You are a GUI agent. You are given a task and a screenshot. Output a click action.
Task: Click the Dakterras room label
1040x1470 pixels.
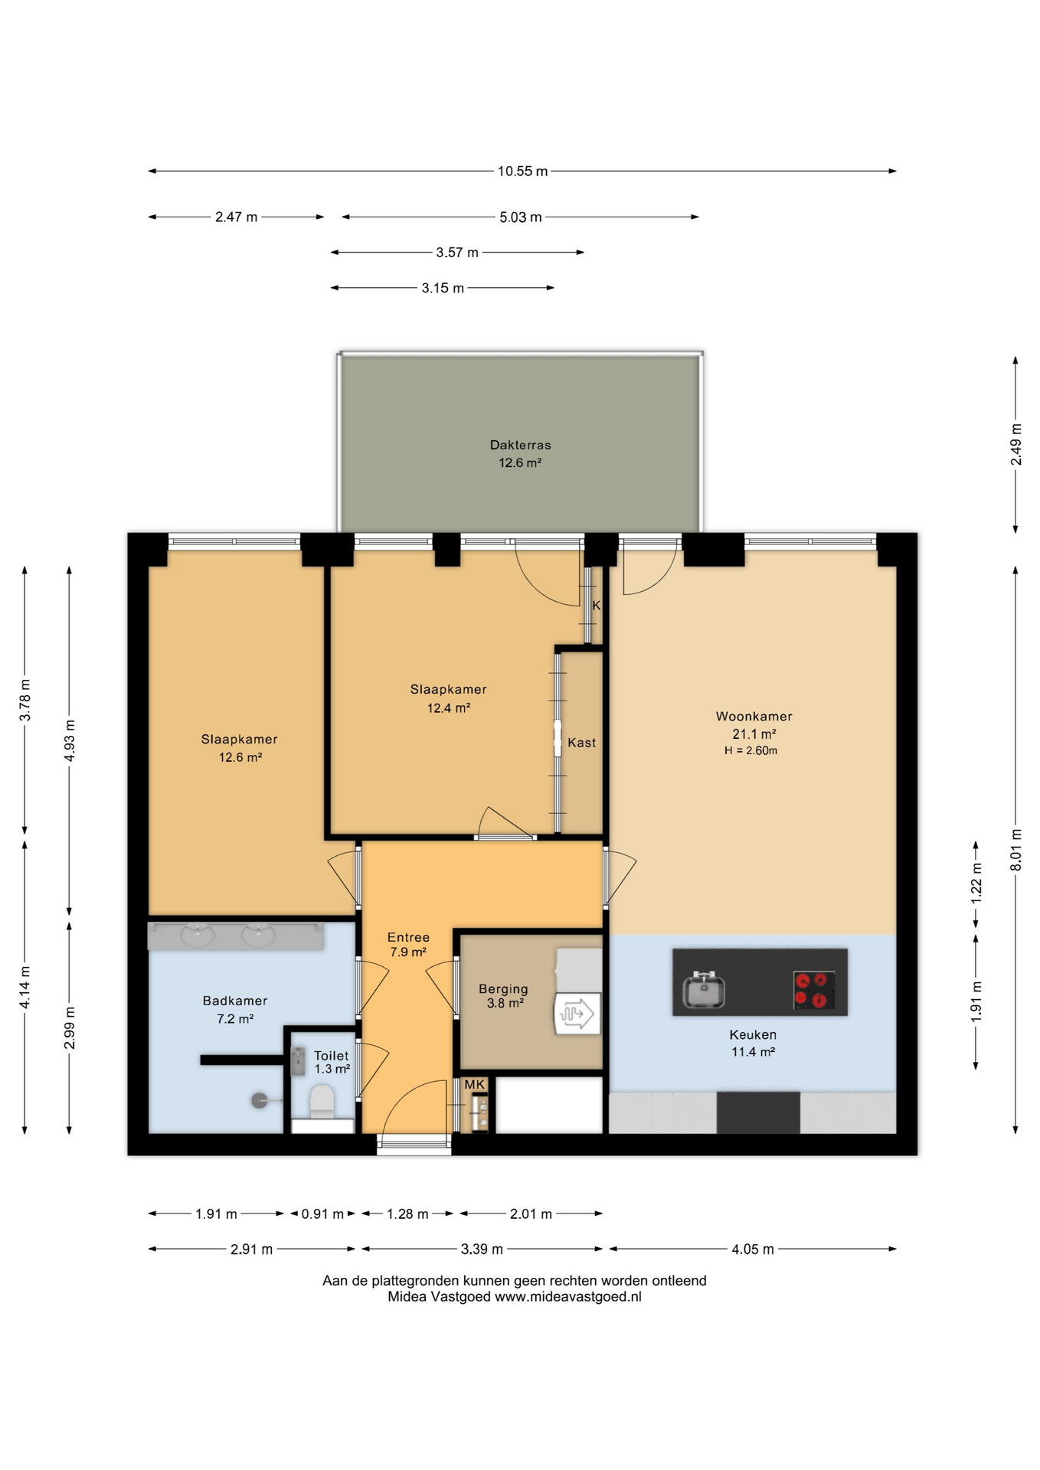click(520, 445)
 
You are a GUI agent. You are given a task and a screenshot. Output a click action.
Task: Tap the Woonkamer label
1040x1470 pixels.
click(754, 717)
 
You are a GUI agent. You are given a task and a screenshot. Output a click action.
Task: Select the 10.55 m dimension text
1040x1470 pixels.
click(522, 171)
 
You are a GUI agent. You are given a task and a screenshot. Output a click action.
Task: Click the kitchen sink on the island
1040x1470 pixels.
click(704, 990)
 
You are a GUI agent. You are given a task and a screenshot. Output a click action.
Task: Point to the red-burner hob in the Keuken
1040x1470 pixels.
click(814, 990)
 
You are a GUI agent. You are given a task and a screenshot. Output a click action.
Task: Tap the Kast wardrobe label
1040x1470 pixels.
click(581, 743)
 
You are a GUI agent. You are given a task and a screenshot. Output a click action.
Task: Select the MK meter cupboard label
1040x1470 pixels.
click(475, 1085)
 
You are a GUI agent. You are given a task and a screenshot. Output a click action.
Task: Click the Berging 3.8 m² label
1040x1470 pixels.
click(503, 996)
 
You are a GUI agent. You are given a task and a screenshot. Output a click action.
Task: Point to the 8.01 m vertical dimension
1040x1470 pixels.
click(1016, 850)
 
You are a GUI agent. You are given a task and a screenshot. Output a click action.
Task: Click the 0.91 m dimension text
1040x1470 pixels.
click(322, 1214)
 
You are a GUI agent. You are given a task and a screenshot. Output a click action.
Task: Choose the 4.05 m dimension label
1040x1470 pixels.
click(753, 1249)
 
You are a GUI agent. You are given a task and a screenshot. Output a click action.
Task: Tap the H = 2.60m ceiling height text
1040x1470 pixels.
click(751, 751)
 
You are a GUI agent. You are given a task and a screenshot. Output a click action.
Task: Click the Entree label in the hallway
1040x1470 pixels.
click(408, 937)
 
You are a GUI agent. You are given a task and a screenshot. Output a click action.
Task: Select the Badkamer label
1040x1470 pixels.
click(235, 1001)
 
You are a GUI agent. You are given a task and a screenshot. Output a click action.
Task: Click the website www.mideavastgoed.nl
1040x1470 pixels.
click(568, 1297)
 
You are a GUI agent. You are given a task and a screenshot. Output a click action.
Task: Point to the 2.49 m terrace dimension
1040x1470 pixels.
click(1016, 445)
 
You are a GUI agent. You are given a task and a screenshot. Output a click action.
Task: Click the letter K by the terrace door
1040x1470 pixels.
click(596, 606)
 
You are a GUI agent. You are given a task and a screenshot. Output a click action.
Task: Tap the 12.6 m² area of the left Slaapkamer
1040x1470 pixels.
click(240, 757)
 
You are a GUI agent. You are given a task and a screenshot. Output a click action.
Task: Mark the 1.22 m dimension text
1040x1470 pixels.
click(976, 884)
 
